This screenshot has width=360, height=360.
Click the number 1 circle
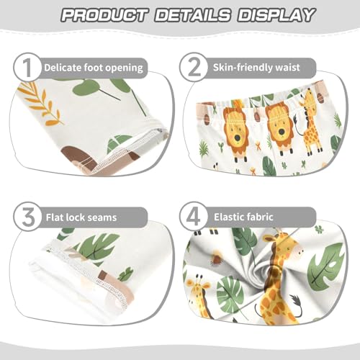(x=26, y=69)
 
